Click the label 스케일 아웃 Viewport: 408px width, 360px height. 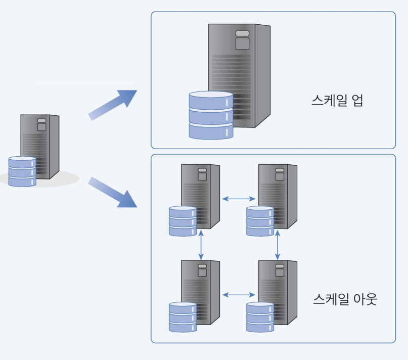pos(345,299)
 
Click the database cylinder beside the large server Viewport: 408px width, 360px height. pos(211,115)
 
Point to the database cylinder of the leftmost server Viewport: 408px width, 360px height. pos(22,171)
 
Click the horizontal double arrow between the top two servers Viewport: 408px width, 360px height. pos(239,199)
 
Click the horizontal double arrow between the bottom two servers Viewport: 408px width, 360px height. pos(239,294)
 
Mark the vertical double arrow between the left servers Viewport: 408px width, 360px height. pos(202,244)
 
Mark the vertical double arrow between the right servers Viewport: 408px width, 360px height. pos(278,244)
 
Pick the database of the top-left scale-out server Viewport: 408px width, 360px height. pos(183,221)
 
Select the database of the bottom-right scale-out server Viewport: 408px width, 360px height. pos(260,317)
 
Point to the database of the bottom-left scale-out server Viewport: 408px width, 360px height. pos(183,317)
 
